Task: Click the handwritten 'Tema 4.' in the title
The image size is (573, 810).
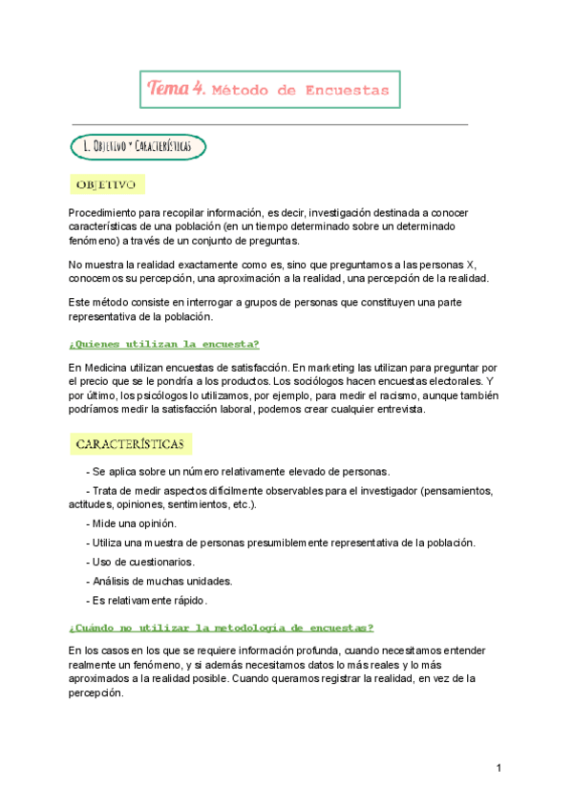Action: [x=177, y=89]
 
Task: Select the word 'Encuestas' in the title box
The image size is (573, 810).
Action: [x=348, y=91]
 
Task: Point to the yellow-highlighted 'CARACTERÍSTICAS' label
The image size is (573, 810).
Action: [x=132, y=444]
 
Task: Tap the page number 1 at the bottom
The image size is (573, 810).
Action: [x=499, y=769]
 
